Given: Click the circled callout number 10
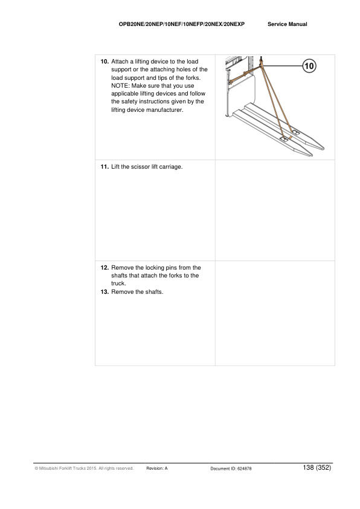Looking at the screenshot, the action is (309, 66).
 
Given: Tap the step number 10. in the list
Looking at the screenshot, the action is (104, 61).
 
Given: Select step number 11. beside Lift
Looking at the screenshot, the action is (104, 166).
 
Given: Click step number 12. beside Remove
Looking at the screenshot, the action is (104, 267).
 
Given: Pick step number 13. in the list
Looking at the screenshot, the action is (104, 291).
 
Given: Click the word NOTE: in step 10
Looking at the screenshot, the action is (120, 86).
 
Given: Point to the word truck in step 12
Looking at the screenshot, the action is (118, 283).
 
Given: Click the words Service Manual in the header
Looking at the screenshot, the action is (288, 24).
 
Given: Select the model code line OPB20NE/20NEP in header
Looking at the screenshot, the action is (182, 24).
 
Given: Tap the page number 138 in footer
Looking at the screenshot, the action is (308, 467).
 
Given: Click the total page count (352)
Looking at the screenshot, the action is (323, 467).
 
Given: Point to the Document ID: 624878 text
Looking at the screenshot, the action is (231, 468).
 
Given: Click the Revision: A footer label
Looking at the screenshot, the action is (157, 468).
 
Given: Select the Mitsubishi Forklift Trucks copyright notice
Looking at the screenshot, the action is (84, 468).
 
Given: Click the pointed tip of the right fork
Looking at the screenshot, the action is (323, 149).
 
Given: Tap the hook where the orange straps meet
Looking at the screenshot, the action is (260, 63).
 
